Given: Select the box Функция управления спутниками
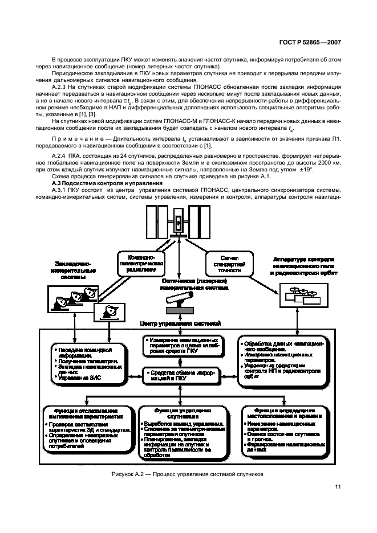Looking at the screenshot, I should click(180, 434).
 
